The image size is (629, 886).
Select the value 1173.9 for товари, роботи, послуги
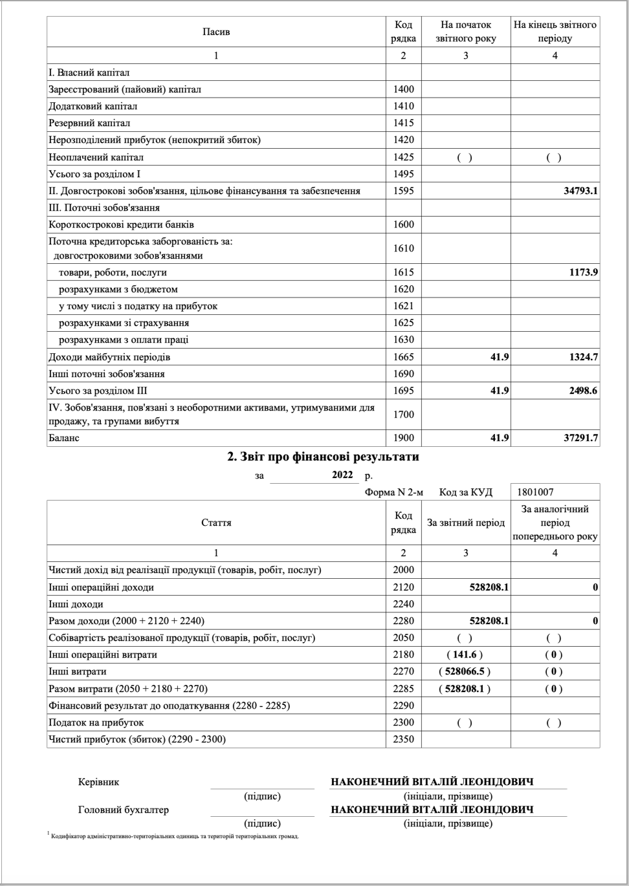point(583,272)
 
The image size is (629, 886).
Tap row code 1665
point(403,357)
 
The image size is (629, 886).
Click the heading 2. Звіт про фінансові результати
point(323,457)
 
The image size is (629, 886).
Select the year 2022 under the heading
point(342,475)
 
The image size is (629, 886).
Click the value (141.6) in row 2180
point(465,654)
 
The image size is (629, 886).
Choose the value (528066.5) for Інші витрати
point(465,671)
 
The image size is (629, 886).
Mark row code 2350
point(403,739)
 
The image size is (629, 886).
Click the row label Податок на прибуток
point(96,722)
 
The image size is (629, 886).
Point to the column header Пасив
point(216,32)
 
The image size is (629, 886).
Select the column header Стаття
point(216,523)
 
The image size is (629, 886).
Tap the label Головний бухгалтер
point(123,809)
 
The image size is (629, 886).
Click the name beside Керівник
point(432,782)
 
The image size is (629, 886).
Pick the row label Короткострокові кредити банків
point(121,224)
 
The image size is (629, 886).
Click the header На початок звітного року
point(466,32)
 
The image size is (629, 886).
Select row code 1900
point(403,438)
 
